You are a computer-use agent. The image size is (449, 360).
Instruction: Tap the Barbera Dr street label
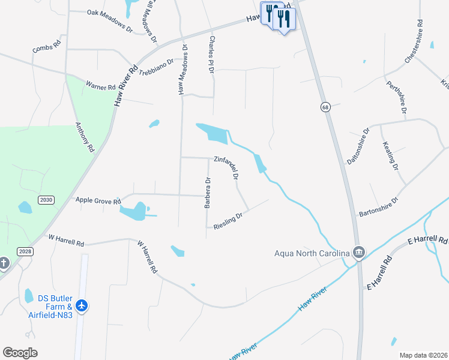tap(208, 193)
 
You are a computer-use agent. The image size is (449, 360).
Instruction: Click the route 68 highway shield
tap(325, 107)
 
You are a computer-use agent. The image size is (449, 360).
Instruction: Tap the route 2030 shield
tap(45, 199)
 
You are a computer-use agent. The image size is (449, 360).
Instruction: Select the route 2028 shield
tap(25, 251)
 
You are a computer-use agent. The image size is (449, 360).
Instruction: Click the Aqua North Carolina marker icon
tap(359, 252)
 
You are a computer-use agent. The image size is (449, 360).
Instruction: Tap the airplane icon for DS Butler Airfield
tap(82, 307)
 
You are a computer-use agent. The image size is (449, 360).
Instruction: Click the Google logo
tap(20, 353)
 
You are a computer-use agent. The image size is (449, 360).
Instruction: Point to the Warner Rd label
tap(100, 87)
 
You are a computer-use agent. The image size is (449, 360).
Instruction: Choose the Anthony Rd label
tap(85, 137)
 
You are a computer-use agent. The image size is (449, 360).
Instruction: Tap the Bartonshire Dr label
tap(379, 207)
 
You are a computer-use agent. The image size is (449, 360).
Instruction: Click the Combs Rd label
tap(47, 47)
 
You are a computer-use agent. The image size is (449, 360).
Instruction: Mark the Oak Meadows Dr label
tap(109, 20)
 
